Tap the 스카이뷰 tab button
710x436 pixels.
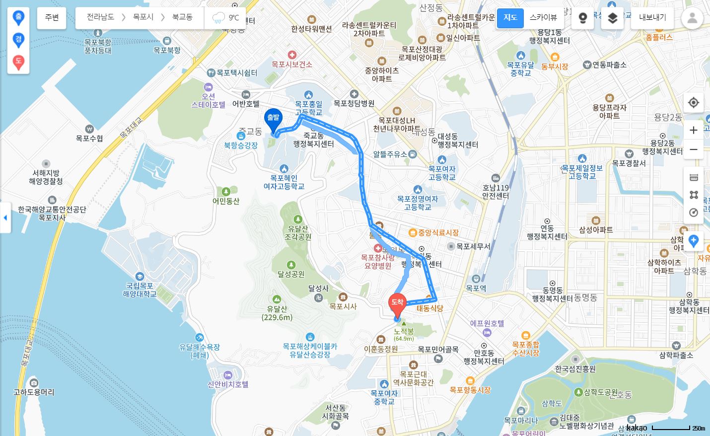point(543,17)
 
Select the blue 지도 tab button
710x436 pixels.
point(510,17)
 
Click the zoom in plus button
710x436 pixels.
point(694,130)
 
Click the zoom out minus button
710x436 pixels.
point(694,149)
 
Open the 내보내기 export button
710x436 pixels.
point(652,17)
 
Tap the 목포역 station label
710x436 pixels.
point(476,288)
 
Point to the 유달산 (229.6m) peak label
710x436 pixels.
point(277,313)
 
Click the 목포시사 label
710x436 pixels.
point(343,306)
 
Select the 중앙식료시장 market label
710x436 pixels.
point(437,232)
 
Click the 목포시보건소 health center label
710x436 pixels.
point(292,64)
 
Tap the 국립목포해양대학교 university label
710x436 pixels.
point(140,290)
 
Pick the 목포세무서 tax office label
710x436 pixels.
point(473,246)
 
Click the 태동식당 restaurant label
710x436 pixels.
point(430,308)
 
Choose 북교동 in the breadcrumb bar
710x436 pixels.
point(182,17)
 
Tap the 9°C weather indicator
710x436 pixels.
point(226,18)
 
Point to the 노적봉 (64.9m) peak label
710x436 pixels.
point(404,334)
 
